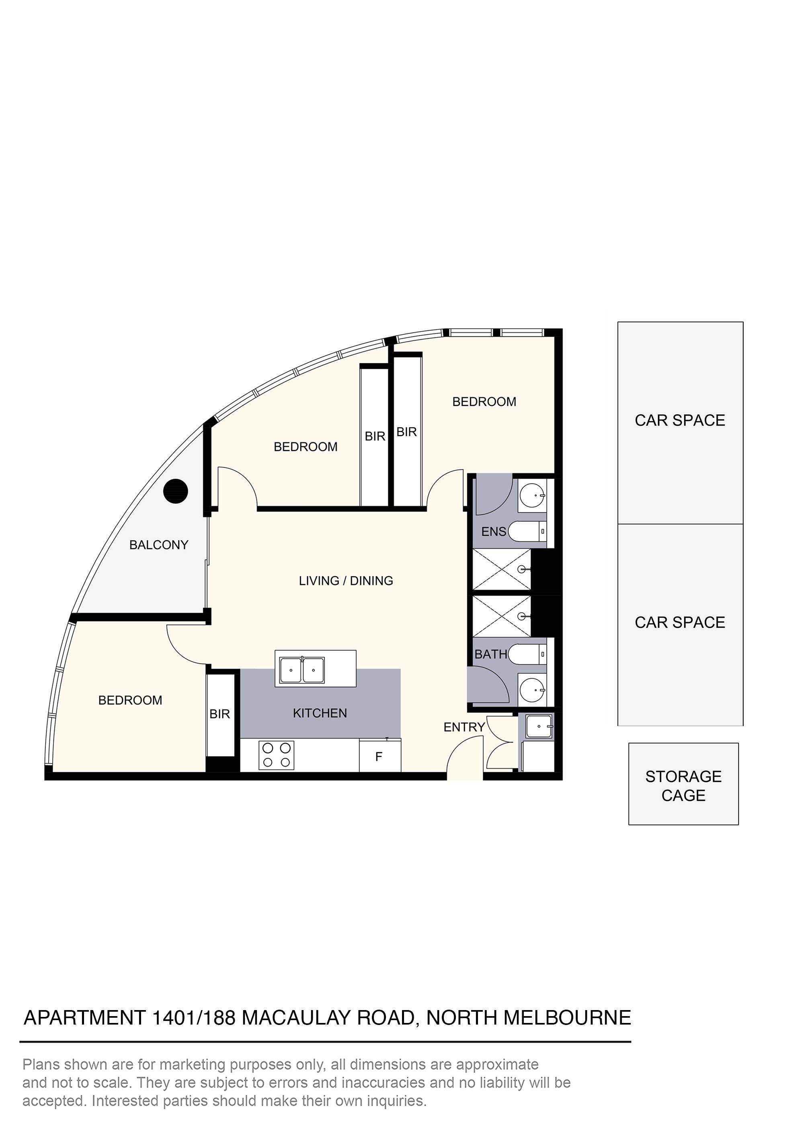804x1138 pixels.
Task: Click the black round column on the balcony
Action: point(175,491)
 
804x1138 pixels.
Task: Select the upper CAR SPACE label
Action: point(680,420)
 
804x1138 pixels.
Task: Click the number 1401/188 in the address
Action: point(194,1018)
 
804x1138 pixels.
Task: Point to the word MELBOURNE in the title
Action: point(567,1018)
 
